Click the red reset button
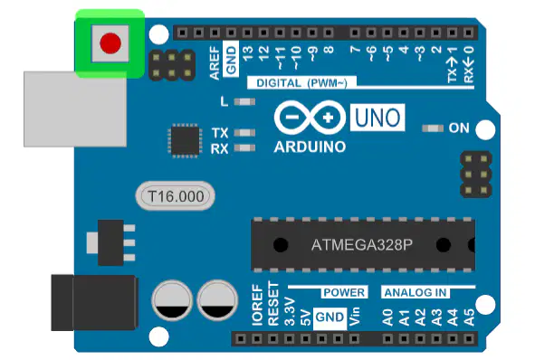110,43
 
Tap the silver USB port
75,109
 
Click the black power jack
94,303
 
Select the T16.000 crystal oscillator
176,196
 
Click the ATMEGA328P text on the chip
362,245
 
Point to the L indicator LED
244,101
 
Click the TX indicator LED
244,133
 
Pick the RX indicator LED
244,148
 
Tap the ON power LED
433,128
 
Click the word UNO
377,118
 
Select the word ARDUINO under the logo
310,147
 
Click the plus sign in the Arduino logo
328,118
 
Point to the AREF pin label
215,63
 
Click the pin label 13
248,53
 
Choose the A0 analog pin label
387,317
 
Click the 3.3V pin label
290,311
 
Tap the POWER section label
344,292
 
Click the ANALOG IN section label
416,292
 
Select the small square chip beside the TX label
185,141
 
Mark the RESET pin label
273,303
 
